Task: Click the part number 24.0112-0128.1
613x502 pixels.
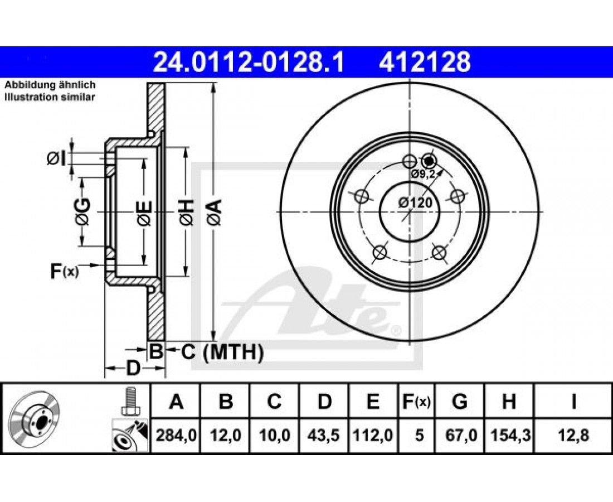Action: click(249, 62)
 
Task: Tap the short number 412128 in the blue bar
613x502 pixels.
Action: click(425, 62)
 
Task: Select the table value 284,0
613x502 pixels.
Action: click(176, 435)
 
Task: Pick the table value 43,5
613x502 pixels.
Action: click(324, 435)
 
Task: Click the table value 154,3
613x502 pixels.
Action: click(509, 435)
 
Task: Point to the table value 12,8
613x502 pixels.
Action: click(573, 435)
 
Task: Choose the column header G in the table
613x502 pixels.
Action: click(460, 402)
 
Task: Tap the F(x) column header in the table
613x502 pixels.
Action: click(417, 402)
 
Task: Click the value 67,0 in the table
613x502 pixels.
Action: click(460, 435)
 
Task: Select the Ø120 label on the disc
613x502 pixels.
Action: click(416, 202)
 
